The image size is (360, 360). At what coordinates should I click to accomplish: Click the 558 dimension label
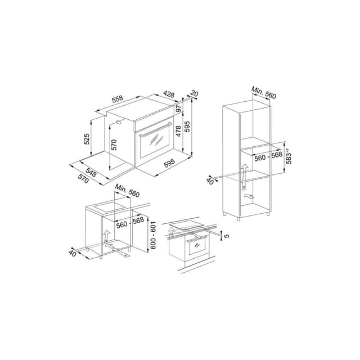(118, 100)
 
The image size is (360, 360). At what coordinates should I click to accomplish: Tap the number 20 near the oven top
(195, 94)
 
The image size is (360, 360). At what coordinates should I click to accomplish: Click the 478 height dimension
(179, 131)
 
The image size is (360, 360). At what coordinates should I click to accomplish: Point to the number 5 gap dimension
(227, 235)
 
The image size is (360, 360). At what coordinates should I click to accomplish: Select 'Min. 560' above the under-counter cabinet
(126, 191)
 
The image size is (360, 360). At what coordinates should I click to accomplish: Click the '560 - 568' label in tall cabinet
(268, 158)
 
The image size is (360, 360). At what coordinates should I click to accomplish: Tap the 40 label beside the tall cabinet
(210, 180)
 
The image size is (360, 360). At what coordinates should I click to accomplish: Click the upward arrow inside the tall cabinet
(245, 171)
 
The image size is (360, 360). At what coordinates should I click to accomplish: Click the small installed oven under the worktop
(197, 247)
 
